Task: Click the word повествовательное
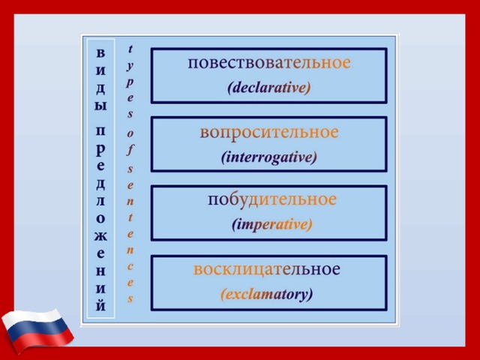(x=269, y=63)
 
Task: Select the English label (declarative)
(x=268, y=88)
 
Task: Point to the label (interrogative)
(x=268, y=157)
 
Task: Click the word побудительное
(x=272, y=200)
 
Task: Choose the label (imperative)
(x=271, y=225)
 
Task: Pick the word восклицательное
(x=267, y=270)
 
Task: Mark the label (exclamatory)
(x=267, y=295)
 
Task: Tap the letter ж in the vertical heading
(x=100, y=236)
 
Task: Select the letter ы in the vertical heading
(x=100, y=106)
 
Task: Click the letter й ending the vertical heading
(x=100, y=304)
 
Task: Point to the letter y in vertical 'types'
(x=130, y=67)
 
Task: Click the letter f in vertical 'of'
(x=130, y=150)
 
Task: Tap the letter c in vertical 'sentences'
(x=130, y=267)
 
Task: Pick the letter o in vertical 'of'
(x=130, y=133)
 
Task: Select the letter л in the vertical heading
(x=100, y=202)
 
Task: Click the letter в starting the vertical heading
(x=100, y=53)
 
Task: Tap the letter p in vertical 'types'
(x=130, y=82)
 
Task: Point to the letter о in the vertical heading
(x=100, y=218)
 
